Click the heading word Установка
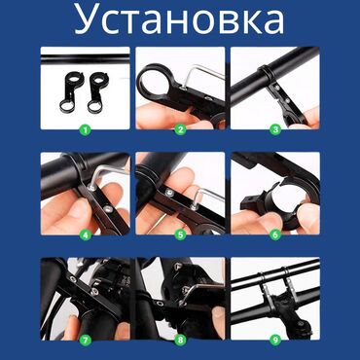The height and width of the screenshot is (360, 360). pyautogui.click(x=180, y=20)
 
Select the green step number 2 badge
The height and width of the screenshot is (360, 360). pyautogui.click(x=179, y=127)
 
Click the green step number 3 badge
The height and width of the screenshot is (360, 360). pyautogui.click(x=274, y=127)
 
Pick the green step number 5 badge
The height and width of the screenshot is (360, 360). pyautogui.click(x=179, y=233)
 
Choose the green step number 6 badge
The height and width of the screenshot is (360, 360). pyautogui.click(x=274, y=233)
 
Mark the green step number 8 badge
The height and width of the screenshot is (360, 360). pyautogui.click(x=179, y=339)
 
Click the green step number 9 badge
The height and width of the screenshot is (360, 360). pyautogui.click(x=274, y=339)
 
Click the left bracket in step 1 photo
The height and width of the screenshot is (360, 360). pyautogui.click(x=73, y=90)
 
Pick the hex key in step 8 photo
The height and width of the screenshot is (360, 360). pyautogui.click(x=198, y=292)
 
